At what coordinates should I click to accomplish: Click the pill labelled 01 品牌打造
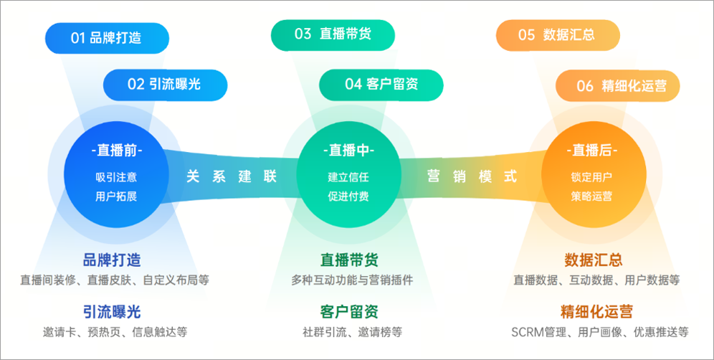[107, 38]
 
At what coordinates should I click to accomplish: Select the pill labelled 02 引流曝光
[165, 84]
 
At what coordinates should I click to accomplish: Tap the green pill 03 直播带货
[333, 34]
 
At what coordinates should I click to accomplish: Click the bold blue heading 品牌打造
[112, 260]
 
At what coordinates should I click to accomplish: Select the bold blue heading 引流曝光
[112, 311]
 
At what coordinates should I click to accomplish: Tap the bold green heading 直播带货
[349, 260]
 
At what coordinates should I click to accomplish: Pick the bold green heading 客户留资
[349, 311]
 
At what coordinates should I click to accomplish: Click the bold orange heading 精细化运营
[596, 311]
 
